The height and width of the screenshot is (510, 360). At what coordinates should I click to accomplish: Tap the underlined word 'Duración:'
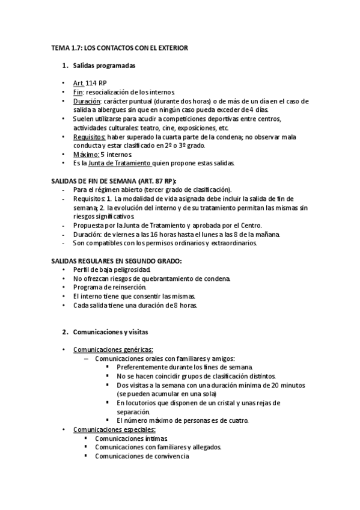click(86, 101)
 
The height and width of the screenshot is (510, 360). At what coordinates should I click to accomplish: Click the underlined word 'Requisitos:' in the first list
click(89, 137)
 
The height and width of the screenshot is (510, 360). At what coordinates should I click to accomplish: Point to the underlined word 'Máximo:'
click(86, 155)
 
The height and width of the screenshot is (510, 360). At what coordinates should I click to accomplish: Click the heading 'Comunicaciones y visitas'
click(111, 331)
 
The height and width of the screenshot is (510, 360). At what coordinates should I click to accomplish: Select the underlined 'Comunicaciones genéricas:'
click(113, 349)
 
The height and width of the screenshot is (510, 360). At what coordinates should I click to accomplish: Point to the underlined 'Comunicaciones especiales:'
click(114, 429)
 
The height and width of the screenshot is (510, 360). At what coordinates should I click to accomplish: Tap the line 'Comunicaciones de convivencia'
click(142, 456)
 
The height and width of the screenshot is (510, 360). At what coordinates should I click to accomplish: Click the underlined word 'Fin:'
click(78, 92)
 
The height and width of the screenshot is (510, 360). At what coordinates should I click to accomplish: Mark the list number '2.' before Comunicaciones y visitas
click(65, 331)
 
